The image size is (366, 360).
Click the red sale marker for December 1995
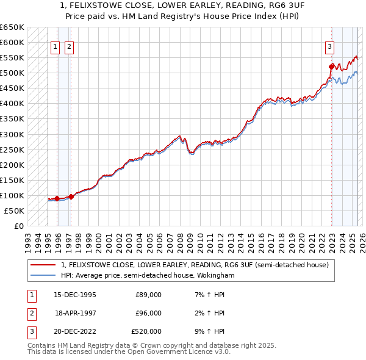coord(57,198)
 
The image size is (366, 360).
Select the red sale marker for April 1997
coord(71,196)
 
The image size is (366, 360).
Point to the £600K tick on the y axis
coord(12,43)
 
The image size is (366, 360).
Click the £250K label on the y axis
coord(12,149)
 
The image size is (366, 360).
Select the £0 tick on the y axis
coord(20,226)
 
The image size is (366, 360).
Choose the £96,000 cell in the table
coord(148,313)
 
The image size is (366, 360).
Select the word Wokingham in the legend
coord(215,276)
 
